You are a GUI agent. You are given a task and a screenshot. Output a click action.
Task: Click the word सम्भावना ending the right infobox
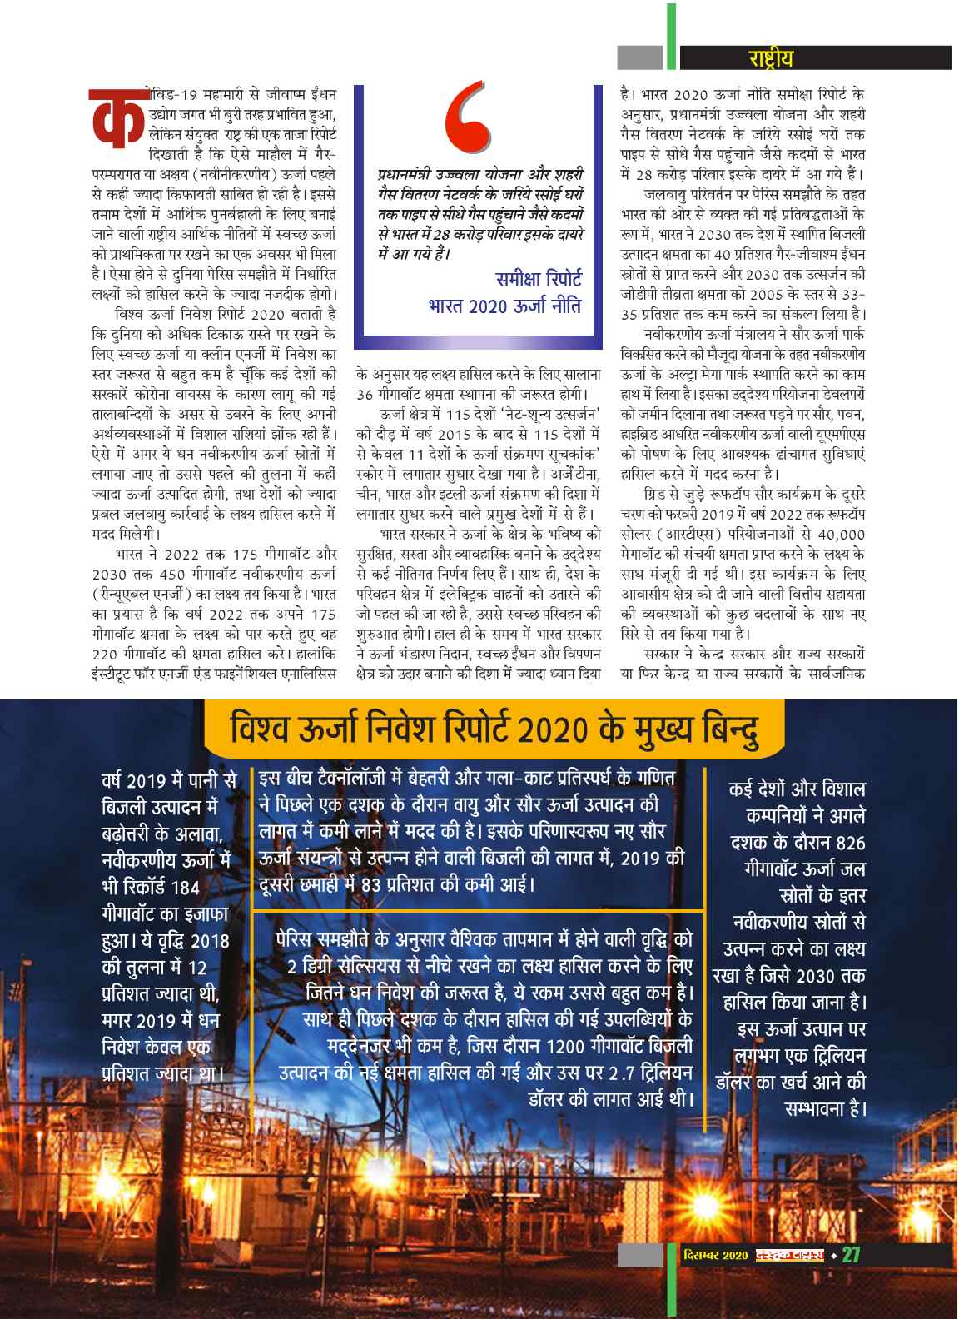click(822, 1109)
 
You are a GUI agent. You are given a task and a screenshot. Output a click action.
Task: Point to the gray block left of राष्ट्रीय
click(639, 57)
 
